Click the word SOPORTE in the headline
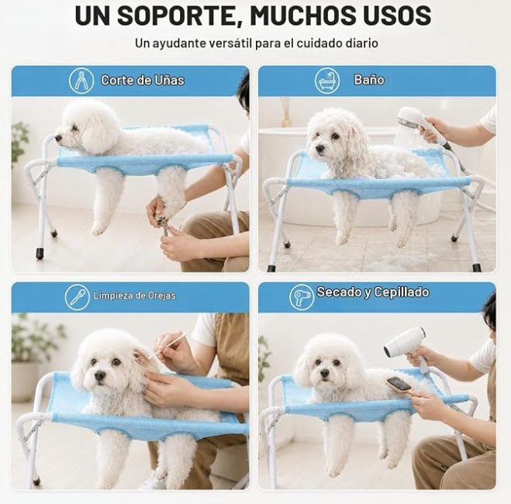click(x=177, y=16)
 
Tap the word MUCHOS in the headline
click(x=306, y=15)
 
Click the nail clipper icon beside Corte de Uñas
click(x=81, y=81)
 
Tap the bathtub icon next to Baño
click(x=327, y=81)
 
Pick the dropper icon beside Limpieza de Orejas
click(x=78, y=297)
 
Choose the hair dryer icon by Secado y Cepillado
click(x=302, y=297)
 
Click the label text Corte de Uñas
click(x=143, y=80)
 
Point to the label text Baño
click(x=369, y=80)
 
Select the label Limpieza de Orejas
click(x=134, y=295)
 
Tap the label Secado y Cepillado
click(x=373, y=292)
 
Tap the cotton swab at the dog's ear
click(x=167, y=345)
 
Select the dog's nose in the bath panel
click(x=320, y=149)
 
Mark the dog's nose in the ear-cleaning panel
click(x=100, y=376)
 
